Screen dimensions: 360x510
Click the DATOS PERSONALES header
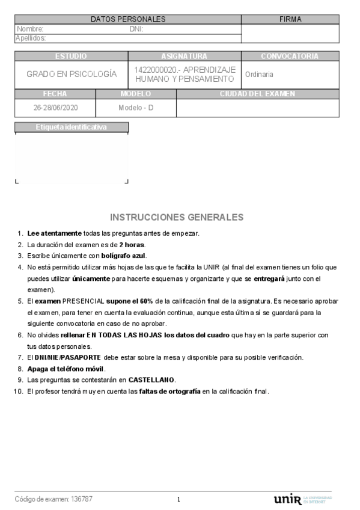coord(127,19)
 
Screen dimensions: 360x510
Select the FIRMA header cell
coord(290,19)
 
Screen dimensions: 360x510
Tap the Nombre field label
coord(30,28)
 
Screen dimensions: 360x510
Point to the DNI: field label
coord(136,28)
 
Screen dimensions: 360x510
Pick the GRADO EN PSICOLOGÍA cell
coord(71,74)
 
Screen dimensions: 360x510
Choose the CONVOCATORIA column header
coord(290,56)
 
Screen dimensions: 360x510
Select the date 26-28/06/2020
coord(55,108)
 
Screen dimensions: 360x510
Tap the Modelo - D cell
coord(136,108)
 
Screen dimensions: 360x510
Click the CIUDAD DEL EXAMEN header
coord(257,94)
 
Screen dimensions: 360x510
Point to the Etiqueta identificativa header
coord(71,127)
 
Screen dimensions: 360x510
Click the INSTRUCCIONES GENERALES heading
coord(177,217)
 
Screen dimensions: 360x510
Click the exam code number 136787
coord(82,499)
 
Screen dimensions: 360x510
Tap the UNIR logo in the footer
coord(287,499)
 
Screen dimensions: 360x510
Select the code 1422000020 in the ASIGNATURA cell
coord(156,70)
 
